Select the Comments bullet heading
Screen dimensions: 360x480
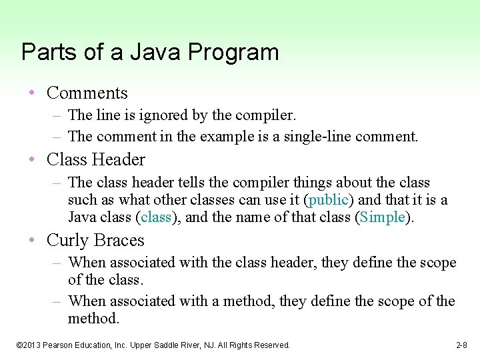(87, 93)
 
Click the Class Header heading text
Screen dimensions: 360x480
(95, 159)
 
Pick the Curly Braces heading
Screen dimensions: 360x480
(95, 240)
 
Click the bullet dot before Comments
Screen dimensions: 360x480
(33, 93)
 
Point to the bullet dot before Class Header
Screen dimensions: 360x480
(33, 160)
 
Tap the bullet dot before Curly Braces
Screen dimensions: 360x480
(33, 241)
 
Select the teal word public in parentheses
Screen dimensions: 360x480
(327, 200)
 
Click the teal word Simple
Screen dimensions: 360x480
(382, 217)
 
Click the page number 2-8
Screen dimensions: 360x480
(461, 345)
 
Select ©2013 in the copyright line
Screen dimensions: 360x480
(29, 345)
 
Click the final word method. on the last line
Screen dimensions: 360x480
(93, 319)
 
